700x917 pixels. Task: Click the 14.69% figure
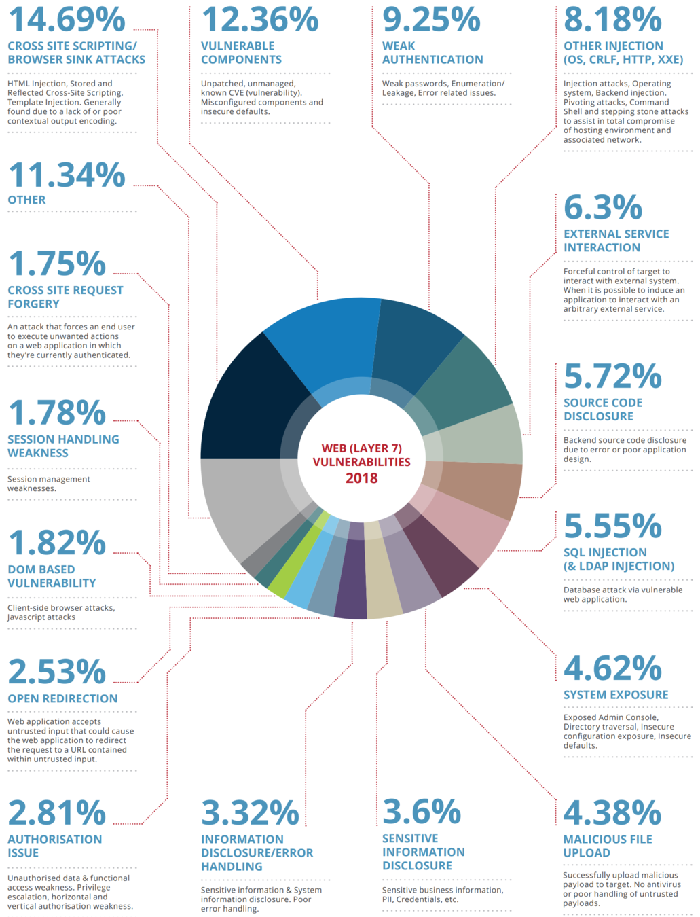pyautogui.click(x=67, y=19)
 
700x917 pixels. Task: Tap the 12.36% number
pyautogui.click(x=259, y=19)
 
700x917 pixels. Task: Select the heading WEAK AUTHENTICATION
pyautogui.click(x=432, y=53)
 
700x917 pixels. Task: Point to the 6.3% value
pyautogui.click(x=602, y=207)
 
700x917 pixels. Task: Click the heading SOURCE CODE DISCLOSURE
pyautogui.click(x=602, y=410)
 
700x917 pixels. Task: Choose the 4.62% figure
pyautogui.click(x=612, y=668)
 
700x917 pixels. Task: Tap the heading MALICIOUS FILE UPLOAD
pyautogui.click(x=607, y=846)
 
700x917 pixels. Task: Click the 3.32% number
pyautogui.click(x=250, y=812)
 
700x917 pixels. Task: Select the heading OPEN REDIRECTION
pyautogui.click(x=62, y=698)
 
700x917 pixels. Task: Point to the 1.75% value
pyautogui.click(x=57, y=264)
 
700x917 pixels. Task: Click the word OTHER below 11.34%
pyautogui.click(x=26, y=200)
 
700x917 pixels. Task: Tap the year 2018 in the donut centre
pyautogui.click(x=361, y=478)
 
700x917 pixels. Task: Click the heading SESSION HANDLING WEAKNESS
pyautogui.click(x=62, y=446)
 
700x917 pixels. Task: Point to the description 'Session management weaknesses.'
pyautogui.click(x=48, y=484)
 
